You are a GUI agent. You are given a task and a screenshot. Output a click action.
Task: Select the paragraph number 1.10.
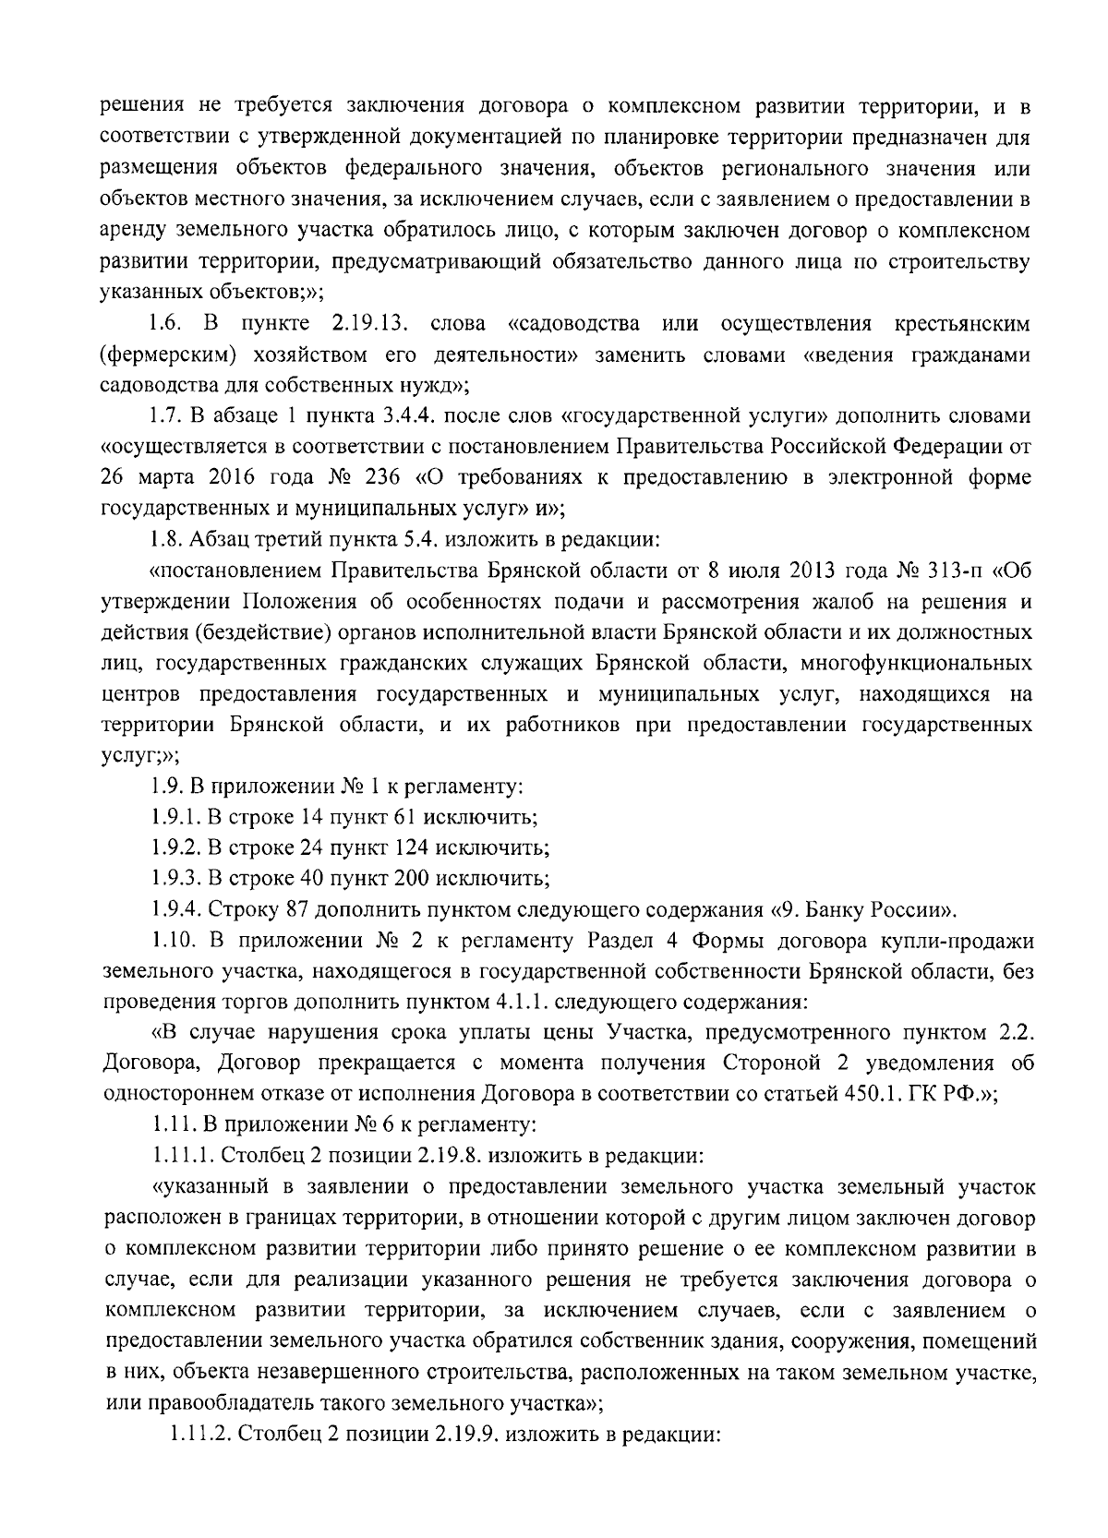tap(172, 940)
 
